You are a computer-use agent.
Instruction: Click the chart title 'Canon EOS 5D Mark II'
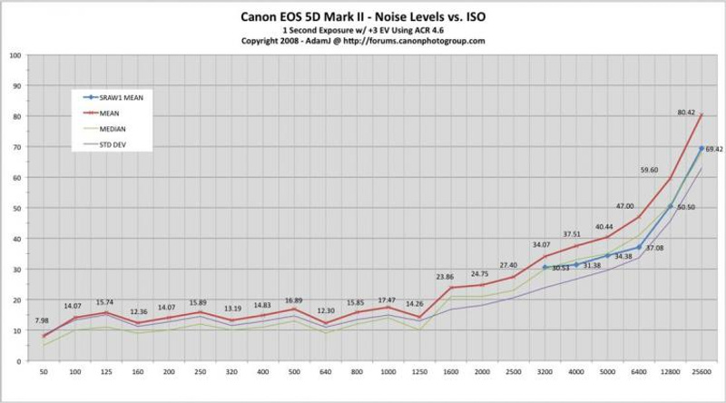point(363,15)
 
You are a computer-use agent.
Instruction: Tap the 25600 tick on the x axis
point(701,373)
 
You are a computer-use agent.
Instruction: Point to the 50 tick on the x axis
point(44,373)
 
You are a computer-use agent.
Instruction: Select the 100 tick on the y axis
point(15,54)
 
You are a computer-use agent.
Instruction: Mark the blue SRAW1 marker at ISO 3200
point(544,267)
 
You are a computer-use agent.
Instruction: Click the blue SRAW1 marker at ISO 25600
point(701,148)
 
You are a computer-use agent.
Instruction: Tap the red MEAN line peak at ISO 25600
point(701,114)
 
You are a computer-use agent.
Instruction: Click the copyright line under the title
point(363,41)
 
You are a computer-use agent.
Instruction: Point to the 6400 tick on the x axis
point(639,373)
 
